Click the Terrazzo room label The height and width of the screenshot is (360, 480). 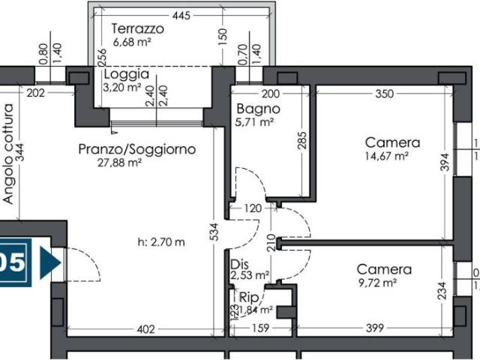[137, 28]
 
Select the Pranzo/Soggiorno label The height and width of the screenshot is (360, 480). [137, 149]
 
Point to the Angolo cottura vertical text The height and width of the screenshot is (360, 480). [9, 154]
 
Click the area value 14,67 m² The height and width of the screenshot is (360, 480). [386, 157]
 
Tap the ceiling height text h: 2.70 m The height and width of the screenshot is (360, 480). [161, 241]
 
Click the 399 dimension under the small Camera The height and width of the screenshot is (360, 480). [374, 328]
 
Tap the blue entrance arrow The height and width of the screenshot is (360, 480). [49, 263]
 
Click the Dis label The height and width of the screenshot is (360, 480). [238, 265]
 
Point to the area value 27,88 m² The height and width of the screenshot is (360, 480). [120, 162]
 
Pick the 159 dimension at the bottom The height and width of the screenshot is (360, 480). [260, 328]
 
